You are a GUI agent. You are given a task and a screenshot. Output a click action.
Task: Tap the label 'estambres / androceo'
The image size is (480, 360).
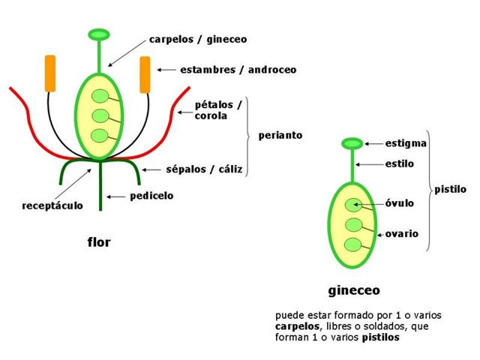click(x=238, y=70)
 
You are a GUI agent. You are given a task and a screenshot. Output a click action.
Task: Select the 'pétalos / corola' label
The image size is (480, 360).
click(x=218, y=110)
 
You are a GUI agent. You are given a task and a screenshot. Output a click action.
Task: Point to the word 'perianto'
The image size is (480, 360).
click(x=280, y=136)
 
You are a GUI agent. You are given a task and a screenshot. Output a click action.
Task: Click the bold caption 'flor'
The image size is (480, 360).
click(x=99, y=242)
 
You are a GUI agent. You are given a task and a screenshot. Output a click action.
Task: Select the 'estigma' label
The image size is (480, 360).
click(x=406, y=142)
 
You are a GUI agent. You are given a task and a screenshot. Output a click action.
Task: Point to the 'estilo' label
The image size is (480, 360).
click(x=400, y=163)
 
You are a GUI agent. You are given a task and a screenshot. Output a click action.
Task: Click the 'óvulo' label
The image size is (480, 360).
click(x=400, y=203)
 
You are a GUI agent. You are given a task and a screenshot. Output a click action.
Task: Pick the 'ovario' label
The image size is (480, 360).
click(x=402, y=233)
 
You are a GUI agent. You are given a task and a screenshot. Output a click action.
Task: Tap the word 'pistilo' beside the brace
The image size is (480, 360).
click(x=450, y=190)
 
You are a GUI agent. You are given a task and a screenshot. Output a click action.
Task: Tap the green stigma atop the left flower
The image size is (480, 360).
click(x=99, y=34)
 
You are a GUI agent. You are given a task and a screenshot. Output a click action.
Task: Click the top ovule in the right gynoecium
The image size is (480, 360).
click(x=352, y=205)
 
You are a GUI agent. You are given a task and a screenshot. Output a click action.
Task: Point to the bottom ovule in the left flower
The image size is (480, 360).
click(x=99, y=135)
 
